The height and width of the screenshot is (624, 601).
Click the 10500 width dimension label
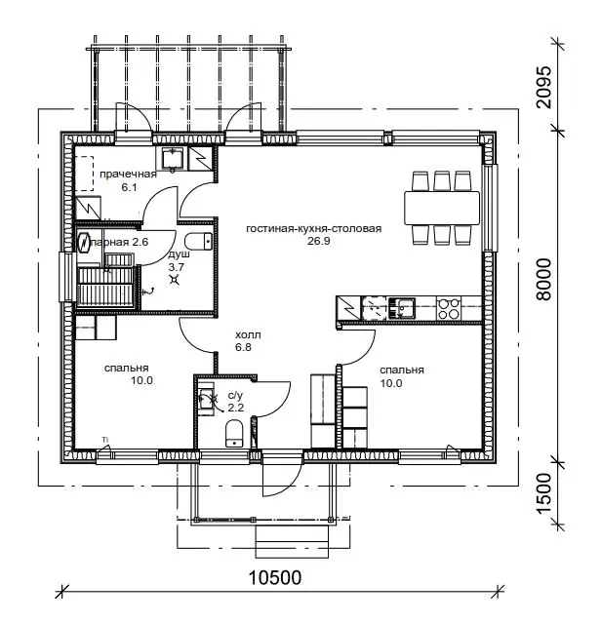pyautogui.click(x=274, y=577)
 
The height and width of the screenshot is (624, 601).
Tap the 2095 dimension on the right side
pyautogui.click(x=544, y=87)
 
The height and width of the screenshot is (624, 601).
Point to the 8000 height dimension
pyautogui.click(x=544, y=279)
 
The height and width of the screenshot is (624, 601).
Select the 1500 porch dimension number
pyautogui.click(x=544, y=493)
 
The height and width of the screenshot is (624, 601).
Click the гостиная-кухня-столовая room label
pyautogui.click(x=314, y=229)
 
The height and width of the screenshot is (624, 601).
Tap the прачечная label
pyautogui.click(x=128, y=175)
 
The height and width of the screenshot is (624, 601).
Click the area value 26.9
pyautogui.click(x=319, y=241)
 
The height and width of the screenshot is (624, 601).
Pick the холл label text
pyautogui.click(x=248, y=335)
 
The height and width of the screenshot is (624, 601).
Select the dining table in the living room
pyautogui.click(x=442, y=208)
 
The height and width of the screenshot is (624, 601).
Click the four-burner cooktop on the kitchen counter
pyautogui.click(x=449, y=308)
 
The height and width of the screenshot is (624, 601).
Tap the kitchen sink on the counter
pyautogui.click(x=402, y=308)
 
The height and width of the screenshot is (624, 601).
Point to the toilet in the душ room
pyautogui.click(x=199, y=242)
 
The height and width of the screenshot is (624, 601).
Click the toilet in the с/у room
pyautogui.click(x=234, y=433)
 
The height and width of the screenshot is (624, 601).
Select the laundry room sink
pyautogui.click(x=173, y=159)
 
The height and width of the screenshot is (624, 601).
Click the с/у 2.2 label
pyautogui.click(x=235, y=402)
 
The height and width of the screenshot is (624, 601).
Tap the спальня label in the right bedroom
pyautogui.click(x=401, y=370)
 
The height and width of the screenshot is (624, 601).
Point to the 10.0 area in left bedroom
pyautogui.click(x=141, y=380)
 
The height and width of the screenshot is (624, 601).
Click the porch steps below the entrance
pyautogui.click(x=292, y=541)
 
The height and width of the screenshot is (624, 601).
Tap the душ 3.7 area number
pyautogui.click(x=176, y=267)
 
